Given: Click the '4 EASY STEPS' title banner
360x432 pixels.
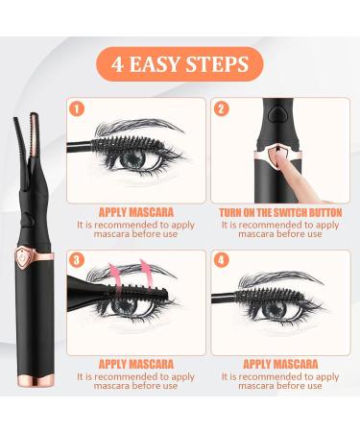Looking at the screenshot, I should pyautogui.click(x=179, y=41).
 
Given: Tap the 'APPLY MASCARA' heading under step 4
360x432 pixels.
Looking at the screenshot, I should pyautogui.click(x=283, y=366).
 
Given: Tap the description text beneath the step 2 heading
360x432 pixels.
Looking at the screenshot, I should pyautogui.click(x=283, y=230).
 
